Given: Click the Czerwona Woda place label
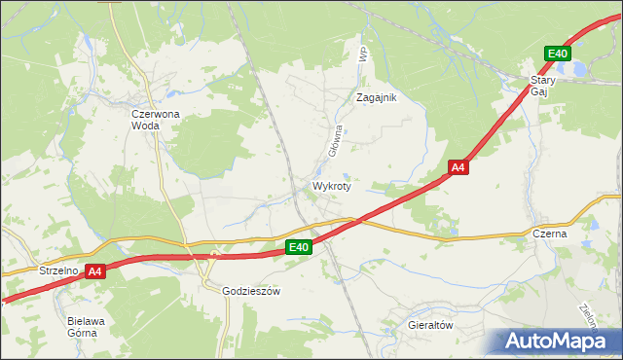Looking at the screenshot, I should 156,119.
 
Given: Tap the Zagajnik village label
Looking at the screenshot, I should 377,97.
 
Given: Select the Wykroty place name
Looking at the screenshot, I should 331,185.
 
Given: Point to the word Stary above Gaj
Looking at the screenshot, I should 542,81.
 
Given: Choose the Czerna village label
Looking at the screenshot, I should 550,234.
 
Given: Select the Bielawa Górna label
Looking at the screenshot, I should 82,326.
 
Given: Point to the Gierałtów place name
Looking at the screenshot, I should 431,326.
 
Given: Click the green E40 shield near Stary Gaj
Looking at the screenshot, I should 557,54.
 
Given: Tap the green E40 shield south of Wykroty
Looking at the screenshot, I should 299,248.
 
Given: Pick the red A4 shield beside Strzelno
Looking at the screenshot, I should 94,272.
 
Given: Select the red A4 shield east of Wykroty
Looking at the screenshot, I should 459,167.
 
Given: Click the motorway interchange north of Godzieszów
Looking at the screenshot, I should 214,257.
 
